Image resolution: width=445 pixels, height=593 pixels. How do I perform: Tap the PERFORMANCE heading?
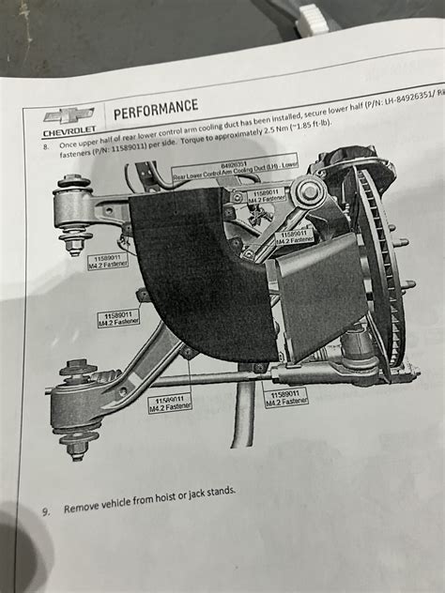coord(156,106)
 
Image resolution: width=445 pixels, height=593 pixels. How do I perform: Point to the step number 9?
coord(43,512)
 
